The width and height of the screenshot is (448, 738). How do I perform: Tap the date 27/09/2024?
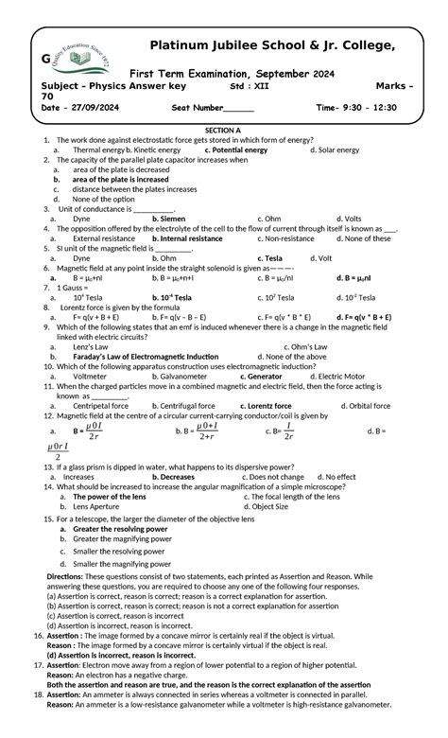(91, 108)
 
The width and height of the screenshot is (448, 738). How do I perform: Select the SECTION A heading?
(223, 130)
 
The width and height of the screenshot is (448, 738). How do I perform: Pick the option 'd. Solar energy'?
(335, 149)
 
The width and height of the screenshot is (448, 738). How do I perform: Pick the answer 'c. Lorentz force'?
(270, 406)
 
